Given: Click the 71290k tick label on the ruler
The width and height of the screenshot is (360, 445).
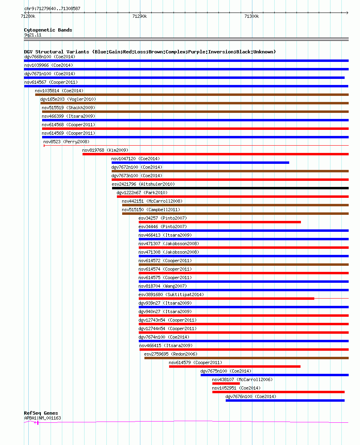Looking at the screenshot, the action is (140, 17).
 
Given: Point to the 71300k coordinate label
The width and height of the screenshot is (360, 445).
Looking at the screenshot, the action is (252, 17).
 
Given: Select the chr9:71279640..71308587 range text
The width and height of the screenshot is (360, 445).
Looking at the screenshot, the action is (52, 8).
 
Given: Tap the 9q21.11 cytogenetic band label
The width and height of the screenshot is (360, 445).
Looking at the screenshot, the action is (33, 35).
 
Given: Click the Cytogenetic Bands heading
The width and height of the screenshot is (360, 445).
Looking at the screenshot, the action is (48, 30).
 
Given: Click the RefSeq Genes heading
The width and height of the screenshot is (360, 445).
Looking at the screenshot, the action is (41, 413).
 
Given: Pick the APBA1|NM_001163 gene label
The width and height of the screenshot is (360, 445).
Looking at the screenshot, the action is (42, 418).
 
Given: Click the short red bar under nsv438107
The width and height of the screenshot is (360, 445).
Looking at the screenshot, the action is (226, 384).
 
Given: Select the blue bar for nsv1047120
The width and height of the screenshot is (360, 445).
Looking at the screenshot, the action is (200, 163).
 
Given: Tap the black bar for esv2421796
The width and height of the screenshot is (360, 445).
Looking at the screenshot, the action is (230, 188).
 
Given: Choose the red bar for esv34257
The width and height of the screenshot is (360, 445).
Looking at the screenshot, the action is (220, 222).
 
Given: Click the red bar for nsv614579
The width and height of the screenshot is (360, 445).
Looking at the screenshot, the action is (235, 367).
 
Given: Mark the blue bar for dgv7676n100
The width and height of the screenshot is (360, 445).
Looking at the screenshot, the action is (285, 401).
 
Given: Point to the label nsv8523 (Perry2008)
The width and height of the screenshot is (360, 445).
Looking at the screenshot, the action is (66, 142).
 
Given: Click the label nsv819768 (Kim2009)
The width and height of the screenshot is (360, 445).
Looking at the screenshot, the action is (105, 150).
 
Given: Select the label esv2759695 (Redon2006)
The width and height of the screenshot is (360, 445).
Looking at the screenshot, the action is (171, 354).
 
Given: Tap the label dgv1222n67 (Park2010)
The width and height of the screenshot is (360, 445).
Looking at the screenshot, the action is (142, 193).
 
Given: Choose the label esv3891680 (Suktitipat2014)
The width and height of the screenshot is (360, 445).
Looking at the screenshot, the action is (171, 295).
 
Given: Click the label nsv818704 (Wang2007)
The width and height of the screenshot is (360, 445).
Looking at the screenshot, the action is (163, 286).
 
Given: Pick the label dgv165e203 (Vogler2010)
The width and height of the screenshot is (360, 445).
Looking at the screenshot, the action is (68, 100).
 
